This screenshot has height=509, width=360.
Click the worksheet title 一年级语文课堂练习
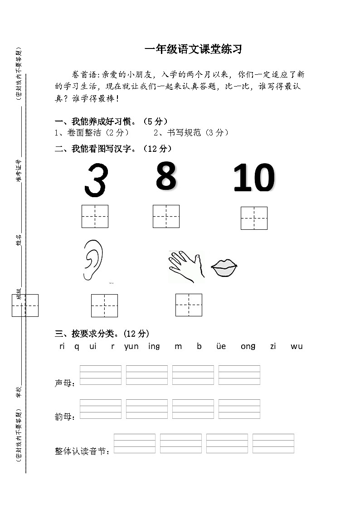193,50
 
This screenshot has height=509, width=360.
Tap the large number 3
96,180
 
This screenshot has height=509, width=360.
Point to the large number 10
254,179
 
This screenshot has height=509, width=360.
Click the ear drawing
93,260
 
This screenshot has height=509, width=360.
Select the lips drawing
224,268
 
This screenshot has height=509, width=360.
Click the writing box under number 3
95,216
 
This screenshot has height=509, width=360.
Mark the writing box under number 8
166,216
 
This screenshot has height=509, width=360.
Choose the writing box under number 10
254,218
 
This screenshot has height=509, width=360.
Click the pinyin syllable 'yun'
131,346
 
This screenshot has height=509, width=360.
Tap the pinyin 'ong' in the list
248,346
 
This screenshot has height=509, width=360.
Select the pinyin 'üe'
221,346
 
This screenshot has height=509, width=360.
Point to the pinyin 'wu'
297,346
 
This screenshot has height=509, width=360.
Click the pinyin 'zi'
273,346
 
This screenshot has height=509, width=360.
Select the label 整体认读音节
82,451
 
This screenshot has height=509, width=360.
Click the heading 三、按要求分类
102,334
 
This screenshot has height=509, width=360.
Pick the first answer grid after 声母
100,375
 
